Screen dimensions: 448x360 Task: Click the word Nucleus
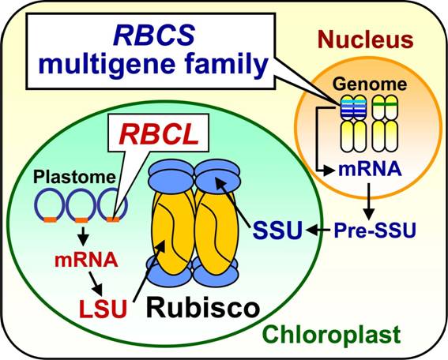pyautogui.click(x=365, y=40)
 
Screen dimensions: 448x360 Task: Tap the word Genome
pyautogui.click(x=370, y=84)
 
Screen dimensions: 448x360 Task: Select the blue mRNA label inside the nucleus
pyautogui.click(x=370, y=168)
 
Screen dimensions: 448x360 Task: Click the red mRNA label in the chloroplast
pyautogui.click(x=86, y=260)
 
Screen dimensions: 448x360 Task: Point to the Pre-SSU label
pyautogui.click(x=375, y=230)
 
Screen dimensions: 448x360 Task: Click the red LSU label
pyautogui.click(x=103, y=309)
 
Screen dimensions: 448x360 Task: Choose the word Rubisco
pyautogui.click(x=203, y=308)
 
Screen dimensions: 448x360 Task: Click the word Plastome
pyautogui.click(x=74, y=177)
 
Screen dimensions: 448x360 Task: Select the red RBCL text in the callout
pyautogui.click(x=159, y=135)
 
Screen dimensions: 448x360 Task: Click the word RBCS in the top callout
pyautogui.click(x=154, y=36)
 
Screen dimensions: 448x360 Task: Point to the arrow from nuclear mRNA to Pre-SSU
pyautogui.click(x=368, y=201)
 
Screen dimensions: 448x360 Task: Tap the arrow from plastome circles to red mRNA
pyautogui.click(x=83, y=236)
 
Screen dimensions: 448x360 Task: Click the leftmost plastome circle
pyautogui.click(x=49, y=204)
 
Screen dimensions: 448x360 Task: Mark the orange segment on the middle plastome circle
pyautogui.click(x=81, y=219)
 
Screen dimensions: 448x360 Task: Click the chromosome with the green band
pyautogui.click(x=385, y=123)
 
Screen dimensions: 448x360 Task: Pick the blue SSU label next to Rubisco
pyautogui.click(x=277, y=230)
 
